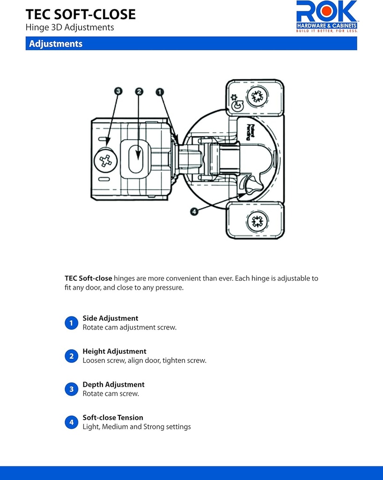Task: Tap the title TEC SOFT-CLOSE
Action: click(x=81, y=14)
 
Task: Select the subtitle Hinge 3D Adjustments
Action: click(x=70, y=28)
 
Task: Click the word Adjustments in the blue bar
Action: click(x=56, y=44)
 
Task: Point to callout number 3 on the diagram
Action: click(x=118, y=91)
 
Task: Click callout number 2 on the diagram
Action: click(x=139, y=91)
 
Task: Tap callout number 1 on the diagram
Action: click(x=160, y=91)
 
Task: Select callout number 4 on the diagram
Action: click(x=195, y=211)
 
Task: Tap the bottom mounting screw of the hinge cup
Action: click(x=257, y=221)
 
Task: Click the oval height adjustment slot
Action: click(x=137, y=159)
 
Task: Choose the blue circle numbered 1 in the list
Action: click(x=71, y=323)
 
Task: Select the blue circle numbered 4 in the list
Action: click(x=71, y=422)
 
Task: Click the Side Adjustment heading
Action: click(x=110, y=318)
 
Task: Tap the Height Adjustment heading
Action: click(x=114, y=351)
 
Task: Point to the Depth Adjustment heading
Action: click(x=113, y=384)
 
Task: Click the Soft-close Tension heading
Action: click(x=113, y=418)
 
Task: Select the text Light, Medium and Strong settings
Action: click(x=137, y=427)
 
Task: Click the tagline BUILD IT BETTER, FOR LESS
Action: click(x=326, y=31)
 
